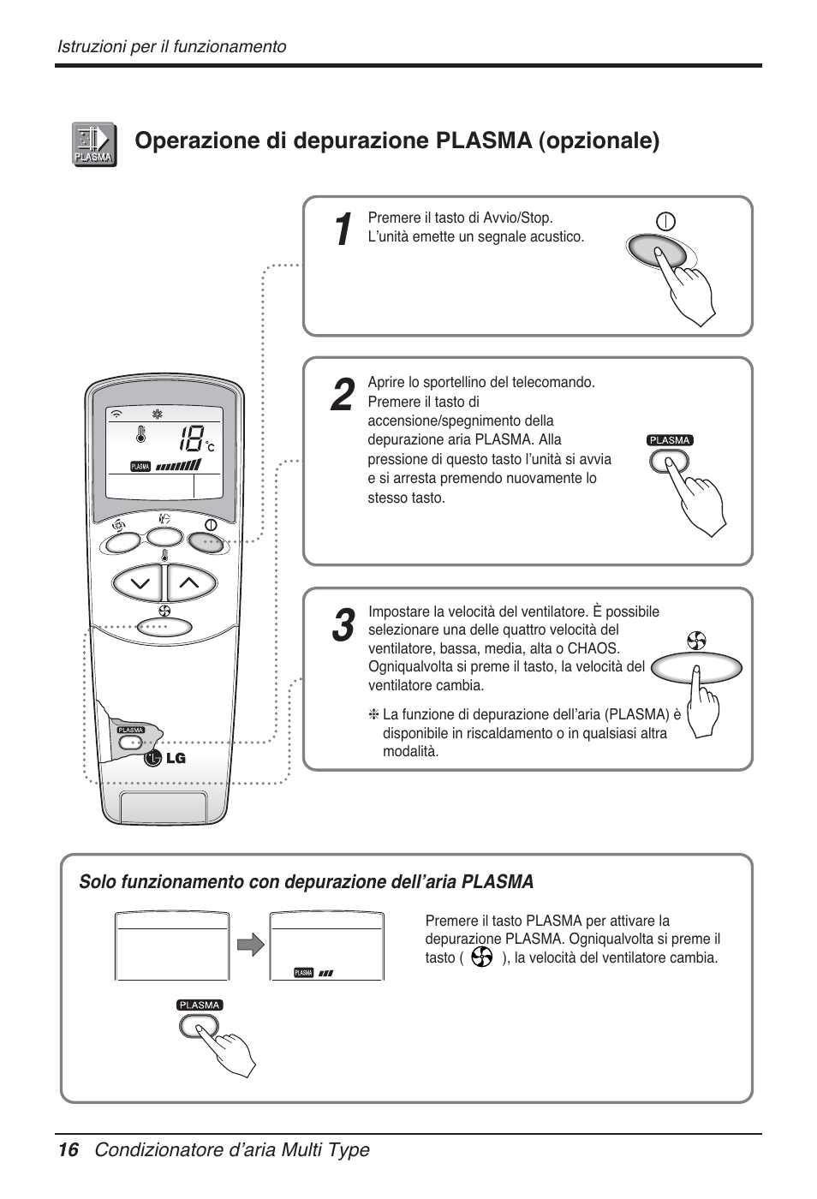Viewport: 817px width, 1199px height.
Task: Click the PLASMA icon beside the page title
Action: tap(94, 144)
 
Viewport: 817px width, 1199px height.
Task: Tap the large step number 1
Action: tap(342, 230)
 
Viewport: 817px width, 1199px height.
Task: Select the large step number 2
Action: tap(342, 396)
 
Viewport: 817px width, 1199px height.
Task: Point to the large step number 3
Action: tap(343, 626)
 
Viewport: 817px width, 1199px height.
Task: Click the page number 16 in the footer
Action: tap(68, 1149)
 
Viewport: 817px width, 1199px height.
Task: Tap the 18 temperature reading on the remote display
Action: tap(191, 439)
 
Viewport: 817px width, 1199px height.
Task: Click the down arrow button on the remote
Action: tap(139, 584)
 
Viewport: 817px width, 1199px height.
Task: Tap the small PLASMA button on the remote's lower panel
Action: tap(131, 742)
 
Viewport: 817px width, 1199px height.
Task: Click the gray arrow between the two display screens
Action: tap(250, 945)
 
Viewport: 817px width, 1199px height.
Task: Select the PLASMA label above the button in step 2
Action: tap(669, 440)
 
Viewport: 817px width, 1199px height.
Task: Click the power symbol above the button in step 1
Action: tap(665, 221)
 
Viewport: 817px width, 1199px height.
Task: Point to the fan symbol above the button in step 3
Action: tap(696, 641)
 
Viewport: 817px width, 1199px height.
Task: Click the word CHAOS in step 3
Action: tap(593, 648)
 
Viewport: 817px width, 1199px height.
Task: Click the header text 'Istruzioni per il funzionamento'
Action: tap(171, 46)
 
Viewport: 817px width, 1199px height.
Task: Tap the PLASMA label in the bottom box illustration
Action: tap(200, 1005)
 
